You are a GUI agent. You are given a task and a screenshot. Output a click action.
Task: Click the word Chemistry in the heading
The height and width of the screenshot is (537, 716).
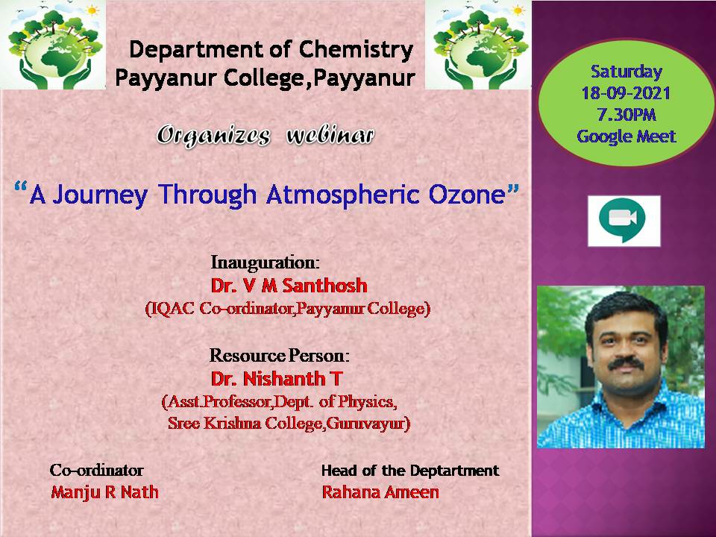tap(357, 51)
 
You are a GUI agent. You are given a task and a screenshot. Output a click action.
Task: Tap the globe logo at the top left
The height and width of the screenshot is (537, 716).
tap(53, 45)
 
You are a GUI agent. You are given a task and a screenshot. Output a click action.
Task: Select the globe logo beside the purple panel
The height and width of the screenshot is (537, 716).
tap(478, 45)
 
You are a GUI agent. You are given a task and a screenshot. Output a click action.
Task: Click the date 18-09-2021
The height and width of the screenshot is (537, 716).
tap(626, 94)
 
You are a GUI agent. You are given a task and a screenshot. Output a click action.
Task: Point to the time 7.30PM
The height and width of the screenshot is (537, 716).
tap(626, 115)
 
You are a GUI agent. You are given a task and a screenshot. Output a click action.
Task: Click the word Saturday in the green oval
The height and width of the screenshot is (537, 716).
tap(626, 72)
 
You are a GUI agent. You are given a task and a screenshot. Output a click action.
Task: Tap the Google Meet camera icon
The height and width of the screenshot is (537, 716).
tap(624, 220)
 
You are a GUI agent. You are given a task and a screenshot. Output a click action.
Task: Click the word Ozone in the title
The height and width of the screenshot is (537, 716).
tap(467, 195)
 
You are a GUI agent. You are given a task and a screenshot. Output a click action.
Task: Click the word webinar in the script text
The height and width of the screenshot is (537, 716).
tap(330, 136)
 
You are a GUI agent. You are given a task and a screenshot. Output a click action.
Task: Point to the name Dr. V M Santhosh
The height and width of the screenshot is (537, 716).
tap(289, 286)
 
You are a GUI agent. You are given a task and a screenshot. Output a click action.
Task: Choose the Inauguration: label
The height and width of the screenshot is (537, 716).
tap(265, 263)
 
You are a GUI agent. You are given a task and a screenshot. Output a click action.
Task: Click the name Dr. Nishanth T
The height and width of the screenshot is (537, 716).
tap(276, 379)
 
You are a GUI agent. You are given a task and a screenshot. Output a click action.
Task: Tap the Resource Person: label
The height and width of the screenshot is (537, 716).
tap(280, 355)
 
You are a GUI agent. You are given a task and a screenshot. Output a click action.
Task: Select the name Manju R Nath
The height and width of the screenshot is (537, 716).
tap(105, 492)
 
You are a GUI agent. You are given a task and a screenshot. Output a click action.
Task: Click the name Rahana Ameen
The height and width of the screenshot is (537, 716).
tap(380, 492)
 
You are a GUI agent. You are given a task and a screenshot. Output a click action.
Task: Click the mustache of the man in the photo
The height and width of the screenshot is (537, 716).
tap(626, 364)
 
